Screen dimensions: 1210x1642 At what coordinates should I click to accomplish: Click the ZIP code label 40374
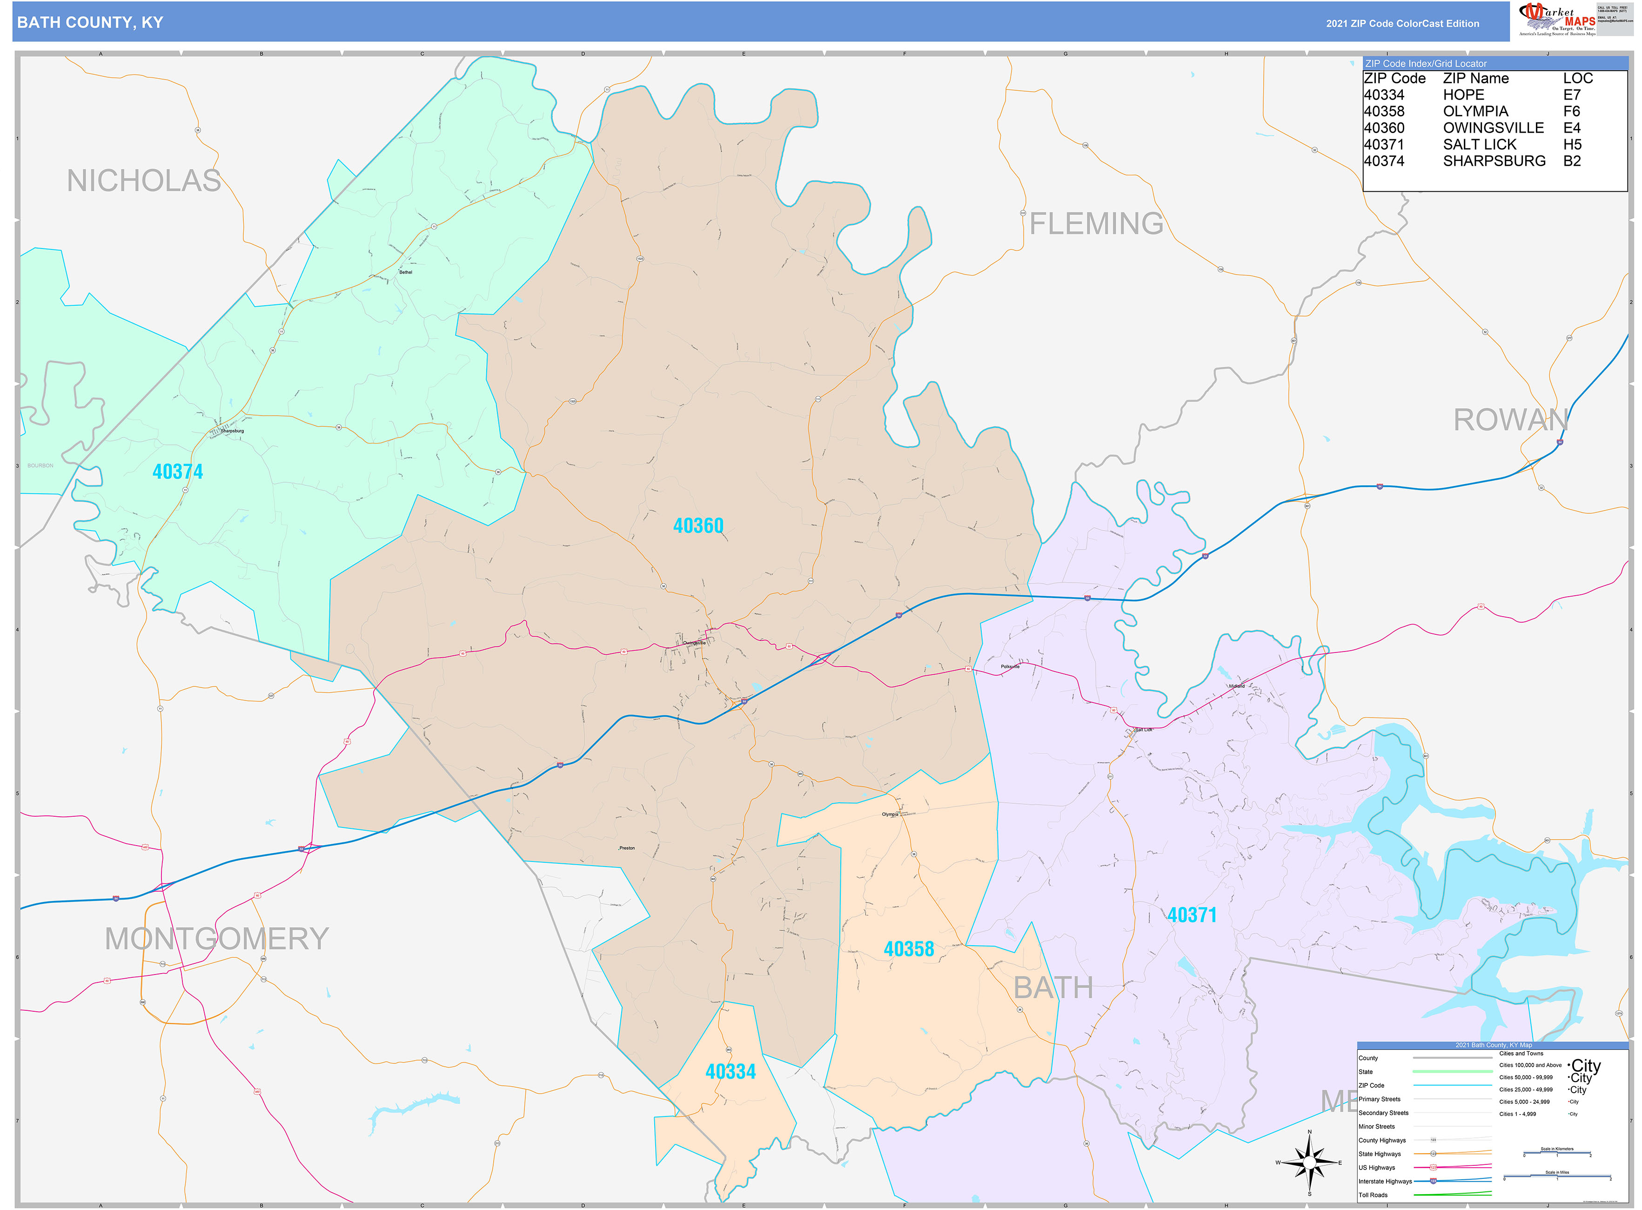point(177,472)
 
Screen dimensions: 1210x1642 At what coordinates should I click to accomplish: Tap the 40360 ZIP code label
point(698,526)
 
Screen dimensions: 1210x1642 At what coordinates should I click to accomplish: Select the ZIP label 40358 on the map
point(908,949)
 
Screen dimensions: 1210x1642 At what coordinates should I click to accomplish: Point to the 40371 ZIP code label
point(1192,915)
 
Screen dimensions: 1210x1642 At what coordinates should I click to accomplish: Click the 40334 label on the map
point(730,1072)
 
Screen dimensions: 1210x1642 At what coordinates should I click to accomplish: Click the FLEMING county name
point(1096,223)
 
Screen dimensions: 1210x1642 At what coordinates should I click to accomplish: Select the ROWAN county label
point(1510,420)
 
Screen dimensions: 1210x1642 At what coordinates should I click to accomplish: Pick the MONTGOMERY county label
point(217,939)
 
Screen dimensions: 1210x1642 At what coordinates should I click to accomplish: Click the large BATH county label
point(1052,988)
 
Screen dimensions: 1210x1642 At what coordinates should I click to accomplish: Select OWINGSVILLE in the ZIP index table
point(1493,128)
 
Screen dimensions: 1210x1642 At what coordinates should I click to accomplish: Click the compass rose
point(1309,1163)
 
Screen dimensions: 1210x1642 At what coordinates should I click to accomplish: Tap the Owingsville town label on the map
point(694,643)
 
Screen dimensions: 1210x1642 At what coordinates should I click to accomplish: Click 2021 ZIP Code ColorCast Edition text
point(1402,23)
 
